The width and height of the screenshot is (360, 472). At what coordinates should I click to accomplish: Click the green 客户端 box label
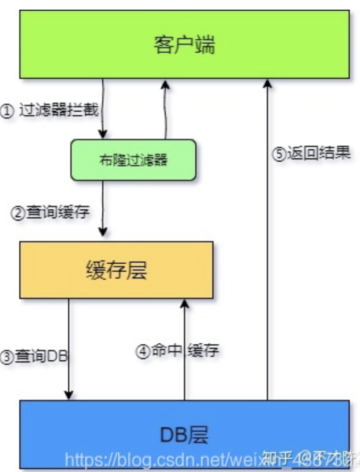184,44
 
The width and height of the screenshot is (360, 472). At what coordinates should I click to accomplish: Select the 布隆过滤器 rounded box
133,159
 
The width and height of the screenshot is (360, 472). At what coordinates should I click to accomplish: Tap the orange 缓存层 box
116,270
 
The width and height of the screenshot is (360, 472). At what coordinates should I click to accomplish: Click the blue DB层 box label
184,435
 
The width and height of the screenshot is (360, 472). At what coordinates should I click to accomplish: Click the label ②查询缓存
51,213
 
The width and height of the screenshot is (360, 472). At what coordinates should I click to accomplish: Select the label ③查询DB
34,356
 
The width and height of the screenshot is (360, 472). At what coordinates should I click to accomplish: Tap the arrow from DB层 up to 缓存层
184,349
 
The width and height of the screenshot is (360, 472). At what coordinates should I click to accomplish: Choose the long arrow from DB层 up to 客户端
267,238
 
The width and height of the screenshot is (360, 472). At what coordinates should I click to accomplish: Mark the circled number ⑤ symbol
279,154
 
